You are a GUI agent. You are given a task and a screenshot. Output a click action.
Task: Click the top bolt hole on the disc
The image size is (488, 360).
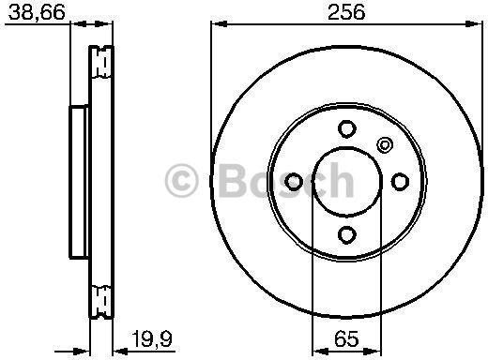(x=346, y=128)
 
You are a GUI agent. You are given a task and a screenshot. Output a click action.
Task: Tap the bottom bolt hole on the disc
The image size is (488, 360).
(x=346, y=233)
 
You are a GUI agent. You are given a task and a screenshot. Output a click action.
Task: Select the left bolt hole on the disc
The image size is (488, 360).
(x=294, y=181)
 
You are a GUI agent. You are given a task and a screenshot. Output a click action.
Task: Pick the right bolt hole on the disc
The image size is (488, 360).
(x=399, y=181)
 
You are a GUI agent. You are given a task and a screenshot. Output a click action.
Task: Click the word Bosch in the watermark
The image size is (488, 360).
(x=282, y=180)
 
